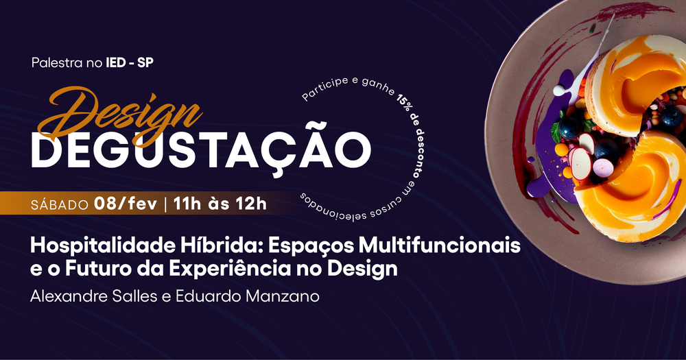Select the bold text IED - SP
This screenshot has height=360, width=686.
click(130, 63)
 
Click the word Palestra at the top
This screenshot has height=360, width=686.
click(57, 63)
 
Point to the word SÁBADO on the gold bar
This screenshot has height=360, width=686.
click(60, 205)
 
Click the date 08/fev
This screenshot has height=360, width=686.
click(126, 204)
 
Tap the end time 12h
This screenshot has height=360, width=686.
click(252, 204)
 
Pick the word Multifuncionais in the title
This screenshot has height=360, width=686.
click(439, 246)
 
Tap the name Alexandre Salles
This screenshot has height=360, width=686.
click(93, 296)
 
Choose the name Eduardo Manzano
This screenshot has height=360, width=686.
click(248, 296)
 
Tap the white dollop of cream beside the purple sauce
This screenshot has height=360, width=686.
click(562, 91)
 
